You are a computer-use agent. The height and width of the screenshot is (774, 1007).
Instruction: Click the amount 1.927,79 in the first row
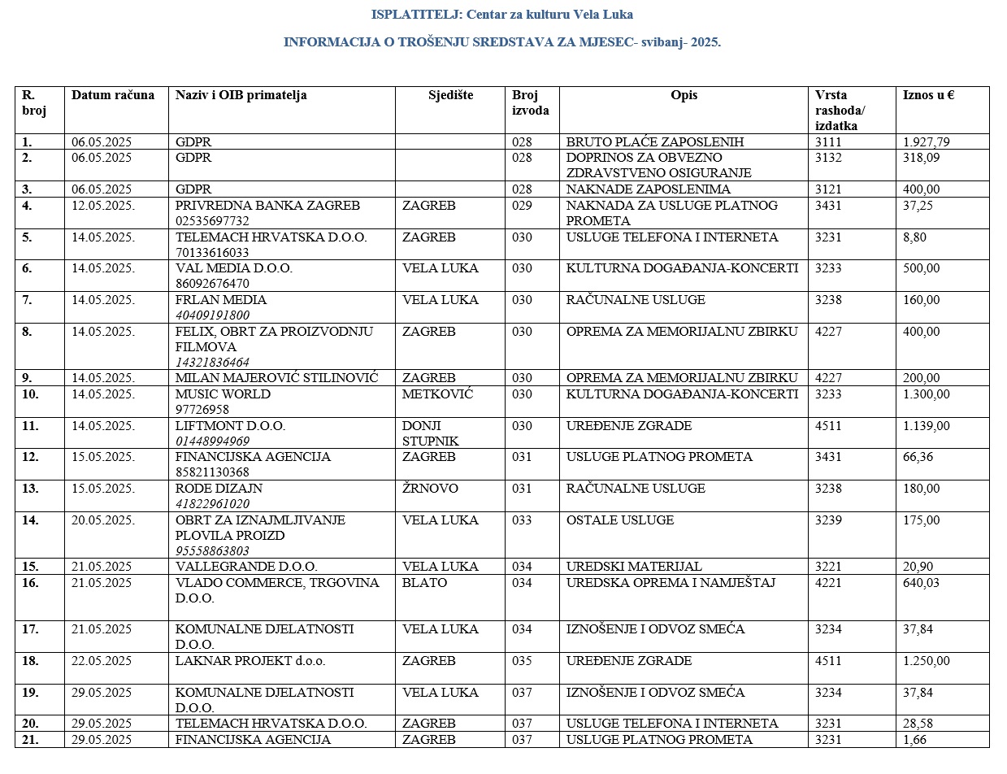pos(926,142)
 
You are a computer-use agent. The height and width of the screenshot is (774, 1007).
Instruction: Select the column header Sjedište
pos(450,95)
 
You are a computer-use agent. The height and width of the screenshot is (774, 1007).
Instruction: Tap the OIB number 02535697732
pos(212,221)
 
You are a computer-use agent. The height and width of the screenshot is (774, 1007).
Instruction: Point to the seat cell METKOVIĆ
pos(437,394)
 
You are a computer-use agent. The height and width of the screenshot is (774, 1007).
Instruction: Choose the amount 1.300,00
pos(926,394)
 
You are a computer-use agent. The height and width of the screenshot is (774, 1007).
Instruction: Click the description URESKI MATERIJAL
pos(634,567)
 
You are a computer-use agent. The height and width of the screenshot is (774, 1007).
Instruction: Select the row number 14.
pos(30,520)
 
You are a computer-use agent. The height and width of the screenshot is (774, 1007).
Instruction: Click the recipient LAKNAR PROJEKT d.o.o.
pos(250,661)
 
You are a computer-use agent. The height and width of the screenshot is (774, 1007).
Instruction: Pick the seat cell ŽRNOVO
pos(430,489)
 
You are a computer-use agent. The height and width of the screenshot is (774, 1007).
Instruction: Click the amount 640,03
pos(921,583)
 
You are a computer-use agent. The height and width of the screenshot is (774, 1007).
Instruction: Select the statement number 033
pos(522,520)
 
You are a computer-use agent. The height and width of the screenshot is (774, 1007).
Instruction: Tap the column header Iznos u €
pos(928,95)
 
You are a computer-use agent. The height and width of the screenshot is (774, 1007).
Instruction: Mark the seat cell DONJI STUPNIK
pos(430,433)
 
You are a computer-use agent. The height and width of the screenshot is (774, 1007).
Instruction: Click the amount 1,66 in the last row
pos(914,740)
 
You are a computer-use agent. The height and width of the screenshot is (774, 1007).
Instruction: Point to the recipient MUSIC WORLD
pos(223,394)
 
